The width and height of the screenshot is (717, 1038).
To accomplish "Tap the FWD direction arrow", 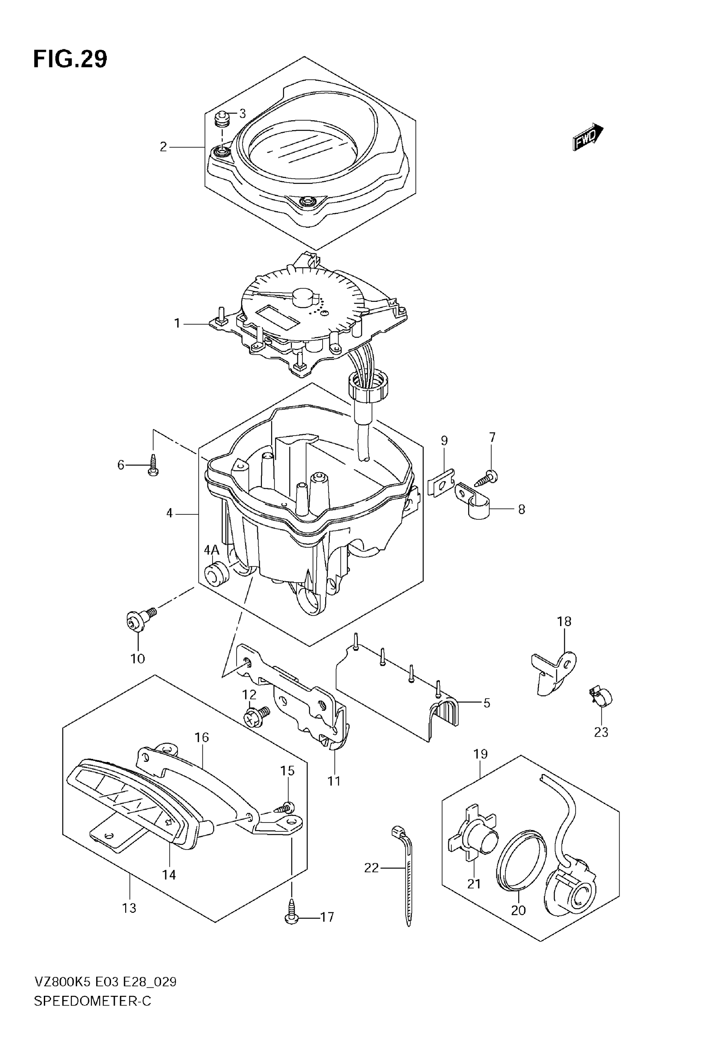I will point(588,137).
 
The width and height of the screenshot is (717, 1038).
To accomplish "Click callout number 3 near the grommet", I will point(243,113).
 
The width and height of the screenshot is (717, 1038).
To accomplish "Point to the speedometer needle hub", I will point(303,297).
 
